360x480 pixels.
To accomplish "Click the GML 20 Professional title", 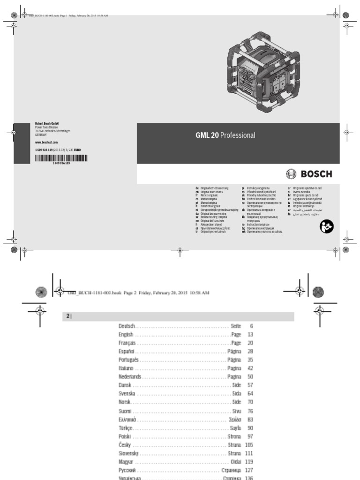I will point(225,135).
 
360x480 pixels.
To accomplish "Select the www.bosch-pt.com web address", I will point(46,142).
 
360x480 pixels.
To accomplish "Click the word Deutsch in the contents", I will point(127,326).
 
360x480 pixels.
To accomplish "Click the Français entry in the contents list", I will point(127,343).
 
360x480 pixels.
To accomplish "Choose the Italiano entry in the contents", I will point(127,369).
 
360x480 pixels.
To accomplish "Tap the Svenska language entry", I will point(127,394).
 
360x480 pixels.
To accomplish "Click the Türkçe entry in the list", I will point(127,428).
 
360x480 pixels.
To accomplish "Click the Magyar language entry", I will point(127,462).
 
